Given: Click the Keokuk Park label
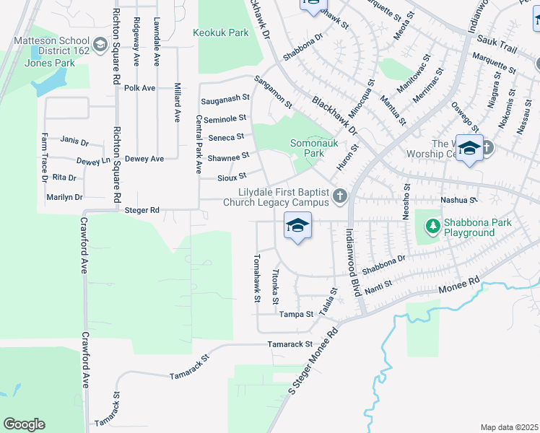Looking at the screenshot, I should [x=221, y=32].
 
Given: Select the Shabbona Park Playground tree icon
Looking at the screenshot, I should [x=432, y=227].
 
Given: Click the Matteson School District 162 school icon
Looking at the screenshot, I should [x=98, y=45].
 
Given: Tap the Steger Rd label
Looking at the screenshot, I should [x=141, y=210].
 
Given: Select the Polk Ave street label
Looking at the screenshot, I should [x=140, y=88].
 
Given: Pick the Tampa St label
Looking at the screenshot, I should [x=297, y=315].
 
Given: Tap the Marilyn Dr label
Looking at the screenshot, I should [x=64, y=197].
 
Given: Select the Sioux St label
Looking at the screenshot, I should [x=232, y=176].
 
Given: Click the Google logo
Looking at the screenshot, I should [x=24, y=424].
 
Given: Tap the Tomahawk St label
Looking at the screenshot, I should [x=256, y=278].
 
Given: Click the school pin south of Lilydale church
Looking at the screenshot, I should [x=297, y=227].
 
